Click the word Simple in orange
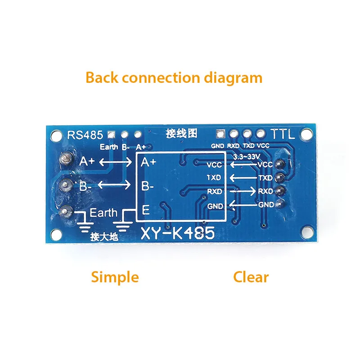click(x=115, y=277)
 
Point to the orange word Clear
click(x=251, y=277)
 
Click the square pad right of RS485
click(x=111, y=134)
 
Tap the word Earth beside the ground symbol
click(x=103, y=212)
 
